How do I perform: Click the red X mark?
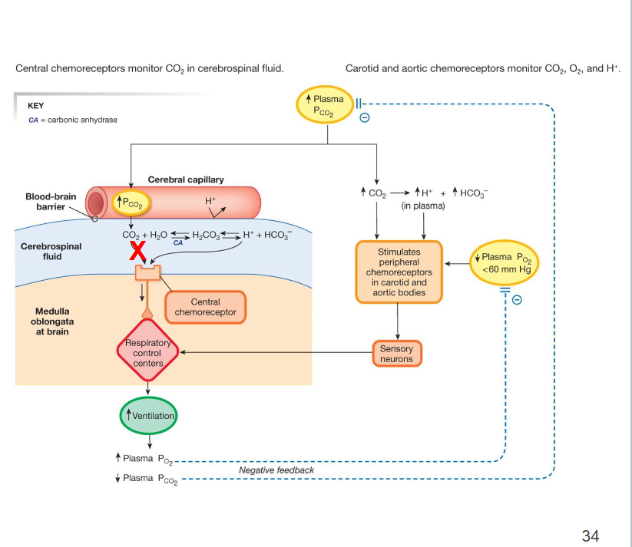137,249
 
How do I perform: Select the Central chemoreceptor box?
205,308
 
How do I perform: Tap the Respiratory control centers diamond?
147,353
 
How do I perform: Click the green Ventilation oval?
149,416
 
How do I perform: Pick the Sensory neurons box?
396,354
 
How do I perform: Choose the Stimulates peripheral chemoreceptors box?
399,272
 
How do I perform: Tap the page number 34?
590,535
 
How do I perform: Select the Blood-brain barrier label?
51,202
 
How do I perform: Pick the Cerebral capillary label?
186,180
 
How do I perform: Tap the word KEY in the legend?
35,106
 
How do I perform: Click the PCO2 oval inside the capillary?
132,203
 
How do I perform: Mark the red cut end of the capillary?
96,203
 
